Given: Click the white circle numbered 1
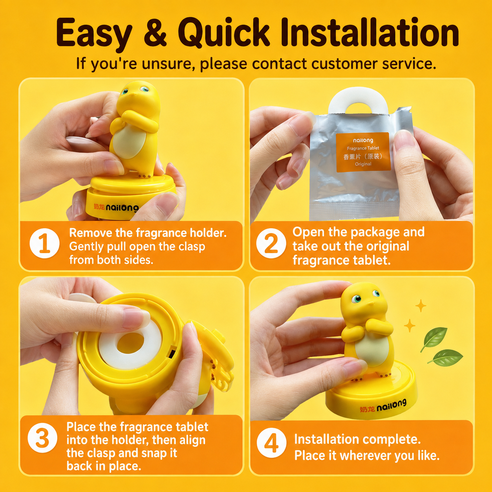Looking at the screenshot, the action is pos(44,243).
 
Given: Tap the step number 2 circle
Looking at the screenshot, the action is pos(271,243).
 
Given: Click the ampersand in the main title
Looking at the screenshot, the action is pos(155,34).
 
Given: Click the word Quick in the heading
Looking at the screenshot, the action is pos(224,33).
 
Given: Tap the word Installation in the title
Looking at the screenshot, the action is pos(370,33).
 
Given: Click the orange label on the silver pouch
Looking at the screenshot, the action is pos(363,152).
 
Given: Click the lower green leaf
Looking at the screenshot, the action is pos(445,357).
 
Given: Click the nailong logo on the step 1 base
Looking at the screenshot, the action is pos(116,207).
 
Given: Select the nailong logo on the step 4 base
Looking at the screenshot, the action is pos(383,406).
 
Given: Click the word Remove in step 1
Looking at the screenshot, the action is pos(91,233).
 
